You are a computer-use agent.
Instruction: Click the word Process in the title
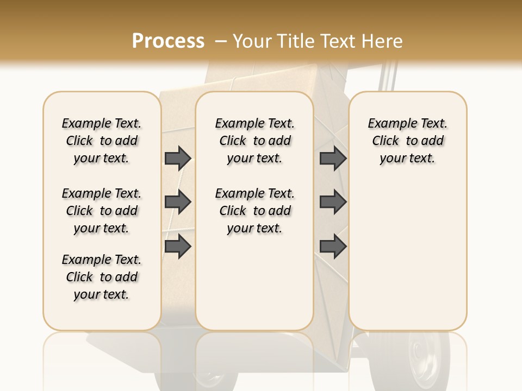pyautogui.click(x=168, y=41)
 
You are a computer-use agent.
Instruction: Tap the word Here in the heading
pyautogui.click(x=383, y=41)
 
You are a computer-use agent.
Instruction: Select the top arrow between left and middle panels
pyautogui.click(x=178, y=159)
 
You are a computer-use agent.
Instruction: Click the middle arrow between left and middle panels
pyautogui.click(x=178, y=202)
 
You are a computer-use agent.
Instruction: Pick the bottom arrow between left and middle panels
pyautogui.click(x=178, y=246)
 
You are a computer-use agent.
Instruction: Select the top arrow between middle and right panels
pyautogui.click(x=333, y=159)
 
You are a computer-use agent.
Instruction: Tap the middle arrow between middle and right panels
pyautogui.click(x=333, y=202)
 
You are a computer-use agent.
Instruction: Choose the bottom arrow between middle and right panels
pyautogui.click(x=333, y=246)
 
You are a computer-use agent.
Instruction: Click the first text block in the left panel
pyautogui.click(x=102, y=141)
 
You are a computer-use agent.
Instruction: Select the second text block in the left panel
pyautogui.click(x=102, y=211)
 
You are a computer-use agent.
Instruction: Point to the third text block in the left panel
pyautogui.click(x=102, y=277)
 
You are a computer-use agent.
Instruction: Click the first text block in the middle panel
pyautogui.click(x=254, y=141)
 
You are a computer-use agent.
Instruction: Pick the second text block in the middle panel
pyautogui.click(x=254, y=211)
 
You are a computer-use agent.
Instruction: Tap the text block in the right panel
pyautogui.click(x=407, y=141)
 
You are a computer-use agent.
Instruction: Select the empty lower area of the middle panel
pyautogui.click(x=254, y=282)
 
